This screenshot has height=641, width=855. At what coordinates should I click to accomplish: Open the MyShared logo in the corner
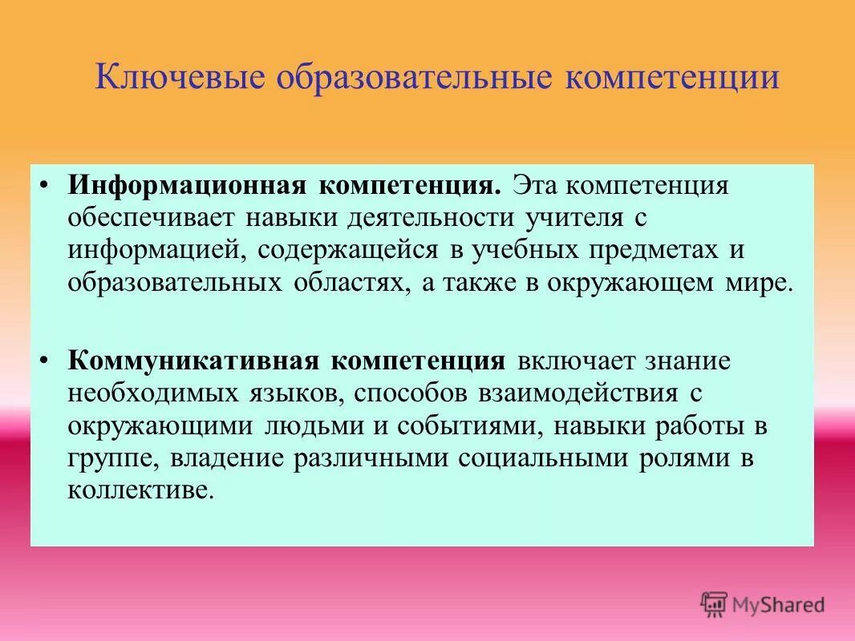tap(764, 603)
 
